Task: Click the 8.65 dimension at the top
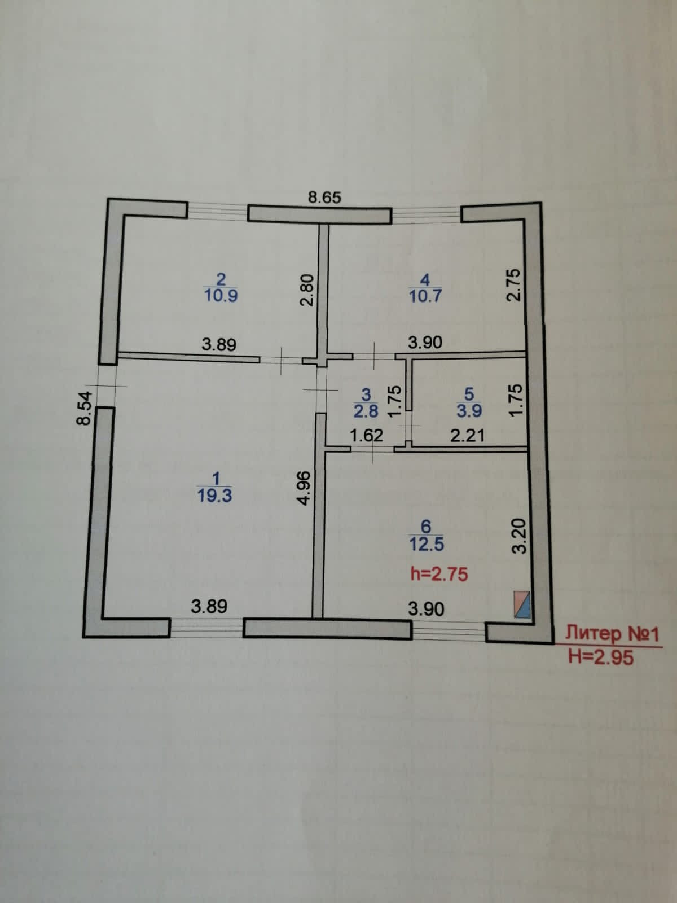pyautogui.click(x=325, y=198)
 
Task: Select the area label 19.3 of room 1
pyautogui.click(x=215, y=496)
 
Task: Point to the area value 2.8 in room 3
pyautogui.click(x=366, y=411)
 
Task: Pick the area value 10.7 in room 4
pyautogui.click(x=425, y=296)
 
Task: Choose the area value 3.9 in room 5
pyautogui.click(x=469, y=411)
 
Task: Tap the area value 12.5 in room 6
pyautogui.click(x=427, y=545)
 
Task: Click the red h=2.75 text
pyautogui.click(x=439, y=574)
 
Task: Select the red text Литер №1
pyautogui.click(x=612, y=633)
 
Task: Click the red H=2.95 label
pyautogui.click(x=600, y=657)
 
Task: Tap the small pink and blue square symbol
pyautogui.click(x=522, y=605)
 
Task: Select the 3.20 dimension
pyautogui.click(x=520, y=536)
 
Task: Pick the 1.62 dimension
pyautogui.click(x=366, y=435)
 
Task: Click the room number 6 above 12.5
pyautogui.click(x=426, y=527)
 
